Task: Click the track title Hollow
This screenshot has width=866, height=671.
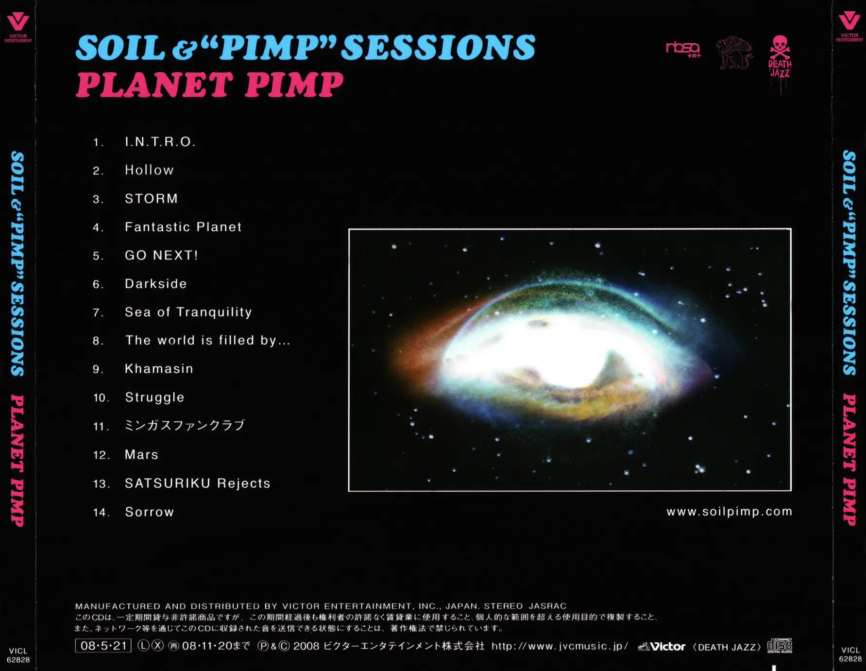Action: tap(149, 170)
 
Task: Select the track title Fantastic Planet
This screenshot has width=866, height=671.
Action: tap(183, 227)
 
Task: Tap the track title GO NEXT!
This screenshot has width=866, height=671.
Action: tap(161, 255)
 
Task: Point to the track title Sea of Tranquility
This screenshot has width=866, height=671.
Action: tap(188, 312)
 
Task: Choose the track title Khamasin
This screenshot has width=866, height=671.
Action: tap(159, 369)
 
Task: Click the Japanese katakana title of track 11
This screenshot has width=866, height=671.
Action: tap(185, 426)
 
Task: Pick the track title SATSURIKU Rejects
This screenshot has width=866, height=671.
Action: tap(197, 483)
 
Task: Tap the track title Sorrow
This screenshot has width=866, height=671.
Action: tap(150, 512)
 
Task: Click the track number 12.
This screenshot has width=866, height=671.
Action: tap(102, 455)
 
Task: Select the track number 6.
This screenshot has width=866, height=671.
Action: tap(98, 284)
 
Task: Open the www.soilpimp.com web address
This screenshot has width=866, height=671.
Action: tap(729, 512)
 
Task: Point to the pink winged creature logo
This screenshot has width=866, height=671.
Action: tap(735, 52)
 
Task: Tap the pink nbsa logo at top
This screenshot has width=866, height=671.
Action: tap(683, 50)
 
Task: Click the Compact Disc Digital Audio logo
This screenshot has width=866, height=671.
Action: tap(780, 646)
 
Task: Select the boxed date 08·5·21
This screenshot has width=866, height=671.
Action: tap(103, 646)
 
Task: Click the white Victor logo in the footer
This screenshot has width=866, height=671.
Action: tap(662, 646)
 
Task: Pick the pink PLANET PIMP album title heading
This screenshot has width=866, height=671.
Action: tap(210, 85)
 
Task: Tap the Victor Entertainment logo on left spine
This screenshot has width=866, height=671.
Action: tap(18, 28)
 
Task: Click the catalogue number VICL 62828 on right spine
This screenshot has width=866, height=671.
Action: tap(850, 654)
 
